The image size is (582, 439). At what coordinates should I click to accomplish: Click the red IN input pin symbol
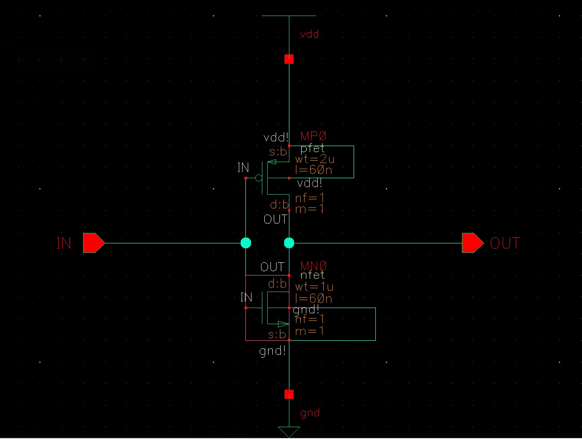(x=94, y=243)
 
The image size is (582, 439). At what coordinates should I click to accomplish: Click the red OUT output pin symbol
(x=472, y=243)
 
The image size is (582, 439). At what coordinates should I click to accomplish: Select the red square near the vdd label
(x=289, y=59)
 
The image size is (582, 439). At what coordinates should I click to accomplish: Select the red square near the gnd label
(x=289, y=394)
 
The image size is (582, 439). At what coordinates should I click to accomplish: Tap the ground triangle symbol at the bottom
(x=289, y=431)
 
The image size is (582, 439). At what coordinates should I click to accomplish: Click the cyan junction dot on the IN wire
(x=246, y=243)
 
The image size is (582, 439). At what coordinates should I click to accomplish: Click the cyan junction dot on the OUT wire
(x=289, y=243)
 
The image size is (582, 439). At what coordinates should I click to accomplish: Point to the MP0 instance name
(x=313, y=136)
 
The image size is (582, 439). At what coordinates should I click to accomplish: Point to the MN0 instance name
(x=313, y=266)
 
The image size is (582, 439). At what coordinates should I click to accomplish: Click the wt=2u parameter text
(x=314, y=159)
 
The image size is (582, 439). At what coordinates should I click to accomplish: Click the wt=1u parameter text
(x=314, y=287)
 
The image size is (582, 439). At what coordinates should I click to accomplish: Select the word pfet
(x=313, y=148)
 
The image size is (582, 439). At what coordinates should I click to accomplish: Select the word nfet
(x=313, y=275)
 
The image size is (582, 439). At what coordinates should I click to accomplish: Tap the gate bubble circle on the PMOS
(x=259, y=178)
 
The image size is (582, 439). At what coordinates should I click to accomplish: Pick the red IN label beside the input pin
(x=64, y=243)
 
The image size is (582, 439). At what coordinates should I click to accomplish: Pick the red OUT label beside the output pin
(x=505, y=243)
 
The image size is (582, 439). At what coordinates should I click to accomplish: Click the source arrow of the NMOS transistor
(x=283, y=324)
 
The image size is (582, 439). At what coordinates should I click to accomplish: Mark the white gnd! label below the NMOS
(x=273, y=351)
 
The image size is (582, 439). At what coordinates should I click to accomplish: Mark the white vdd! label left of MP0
(x=276, y=138)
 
